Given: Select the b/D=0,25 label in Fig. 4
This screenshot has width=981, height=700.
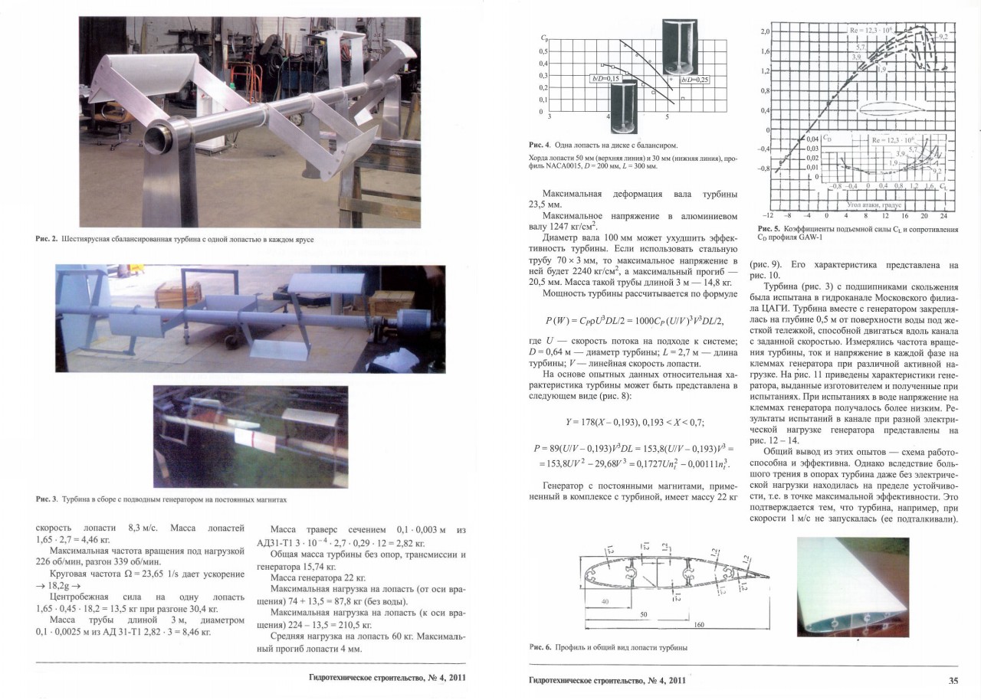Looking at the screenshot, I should pyautogui.click(x=694, y=78).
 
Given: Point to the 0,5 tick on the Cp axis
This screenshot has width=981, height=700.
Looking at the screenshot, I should pyautogui.click(x=543, y=51).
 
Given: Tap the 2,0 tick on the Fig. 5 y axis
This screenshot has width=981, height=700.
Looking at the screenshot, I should pyautogui.click(x=764, y=32).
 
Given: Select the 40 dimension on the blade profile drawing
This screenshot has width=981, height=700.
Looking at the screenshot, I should pyautogui.click(x=605, y=601).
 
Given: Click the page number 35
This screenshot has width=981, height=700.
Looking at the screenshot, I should pyautogui.click(x=953, y=679).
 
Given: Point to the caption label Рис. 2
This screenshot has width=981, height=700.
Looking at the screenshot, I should pyautogui.click(x=46, y=240).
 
